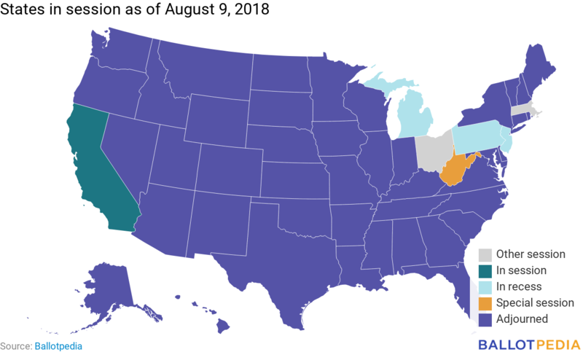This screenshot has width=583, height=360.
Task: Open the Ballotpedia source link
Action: click(x=58, y=345)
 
